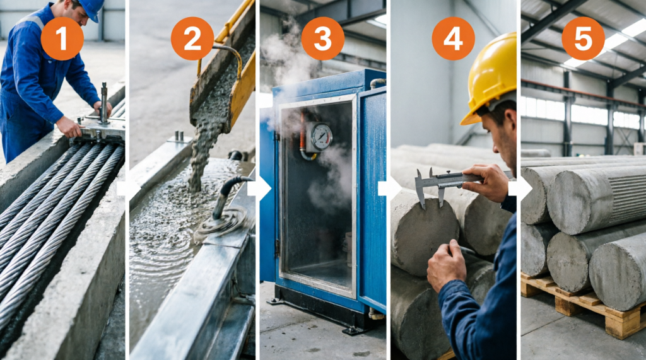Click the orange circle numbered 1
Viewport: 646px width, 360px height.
point(62,38)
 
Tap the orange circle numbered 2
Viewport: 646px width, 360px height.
point(192,38)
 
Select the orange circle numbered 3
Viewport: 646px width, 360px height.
point(322,38)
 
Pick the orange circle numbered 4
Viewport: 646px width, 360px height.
point(453,38)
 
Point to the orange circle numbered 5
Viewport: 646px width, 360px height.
point(584,38)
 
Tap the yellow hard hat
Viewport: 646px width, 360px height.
point(491,76)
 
